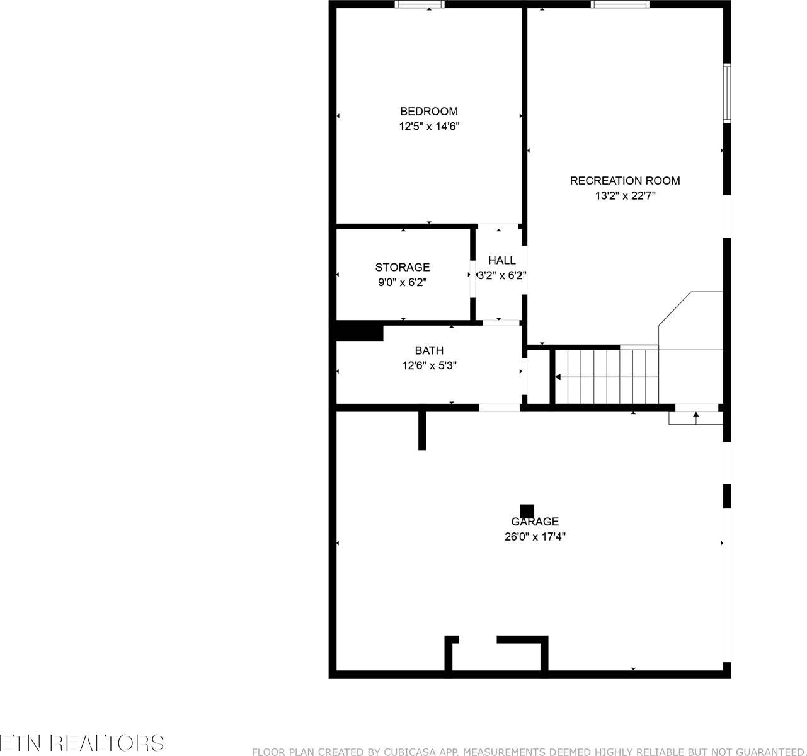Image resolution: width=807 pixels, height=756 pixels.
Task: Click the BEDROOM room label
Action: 428,112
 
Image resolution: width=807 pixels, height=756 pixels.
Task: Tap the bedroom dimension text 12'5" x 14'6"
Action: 429,127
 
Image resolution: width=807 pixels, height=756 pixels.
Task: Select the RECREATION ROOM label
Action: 624,181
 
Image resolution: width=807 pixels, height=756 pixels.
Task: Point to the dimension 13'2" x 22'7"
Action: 626,196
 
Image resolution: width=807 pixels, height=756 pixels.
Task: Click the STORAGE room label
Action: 402,267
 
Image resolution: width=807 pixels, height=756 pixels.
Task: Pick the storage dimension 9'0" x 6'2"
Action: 403,282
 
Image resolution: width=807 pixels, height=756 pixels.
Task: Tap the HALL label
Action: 501,260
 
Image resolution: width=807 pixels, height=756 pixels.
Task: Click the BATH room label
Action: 428,350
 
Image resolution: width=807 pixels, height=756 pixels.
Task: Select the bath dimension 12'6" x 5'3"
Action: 429,365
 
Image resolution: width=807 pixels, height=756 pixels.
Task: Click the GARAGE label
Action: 534,522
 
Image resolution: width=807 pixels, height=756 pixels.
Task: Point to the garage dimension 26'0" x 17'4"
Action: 534,537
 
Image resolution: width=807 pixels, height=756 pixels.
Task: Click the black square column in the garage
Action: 527,510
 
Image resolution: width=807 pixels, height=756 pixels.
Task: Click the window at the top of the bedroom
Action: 420,4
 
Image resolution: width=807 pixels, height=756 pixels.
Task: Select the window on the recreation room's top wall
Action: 620,4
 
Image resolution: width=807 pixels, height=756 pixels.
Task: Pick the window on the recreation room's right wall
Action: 726,93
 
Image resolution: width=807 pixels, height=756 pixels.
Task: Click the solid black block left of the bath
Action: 360,332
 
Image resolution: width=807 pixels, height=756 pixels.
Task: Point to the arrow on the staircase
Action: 559,377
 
